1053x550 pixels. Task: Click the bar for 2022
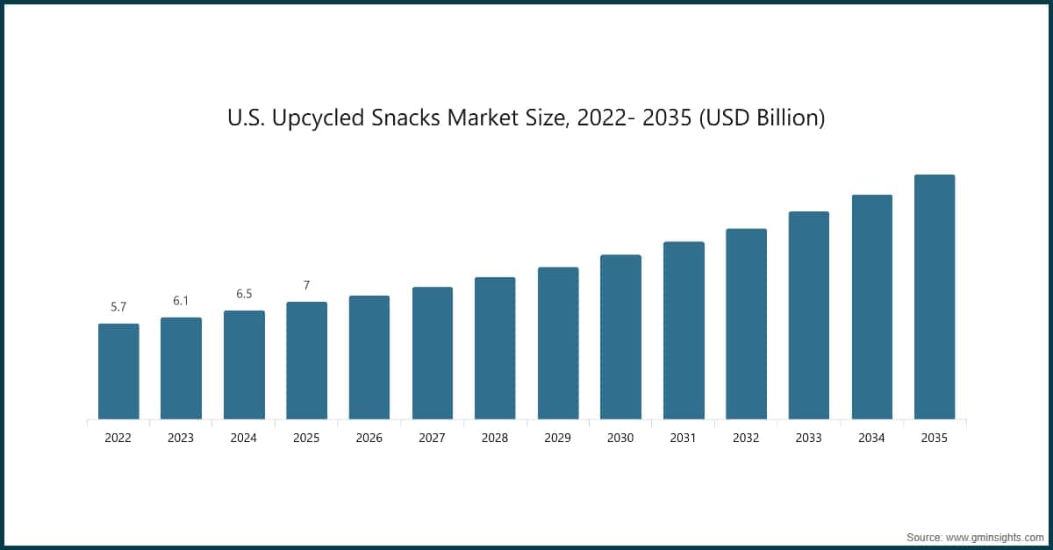point(118,371)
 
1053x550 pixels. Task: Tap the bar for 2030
point(620,337)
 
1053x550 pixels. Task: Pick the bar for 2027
point(433,353)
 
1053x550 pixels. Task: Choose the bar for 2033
point(809,315)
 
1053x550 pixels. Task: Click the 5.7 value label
point(118,307)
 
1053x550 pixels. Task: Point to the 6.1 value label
point(181,301)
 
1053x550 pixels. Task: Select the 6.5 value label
point(244,294)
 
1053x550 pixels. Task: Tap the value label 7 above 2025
point(306,285)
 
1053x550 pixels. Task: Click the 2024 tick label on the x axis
point(244,438)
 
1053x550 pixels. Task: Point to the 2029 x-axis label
point(558,438)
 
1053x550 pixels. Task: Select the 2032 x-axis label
point(746,438)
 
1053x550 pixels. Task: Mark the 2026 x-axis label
point(369,438)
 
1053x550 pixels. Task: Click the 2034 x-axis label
point(871,438)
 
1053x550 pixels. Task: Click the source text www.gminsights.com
point(994,536)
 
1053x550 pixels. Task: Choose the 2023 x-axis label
point(181,438)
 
